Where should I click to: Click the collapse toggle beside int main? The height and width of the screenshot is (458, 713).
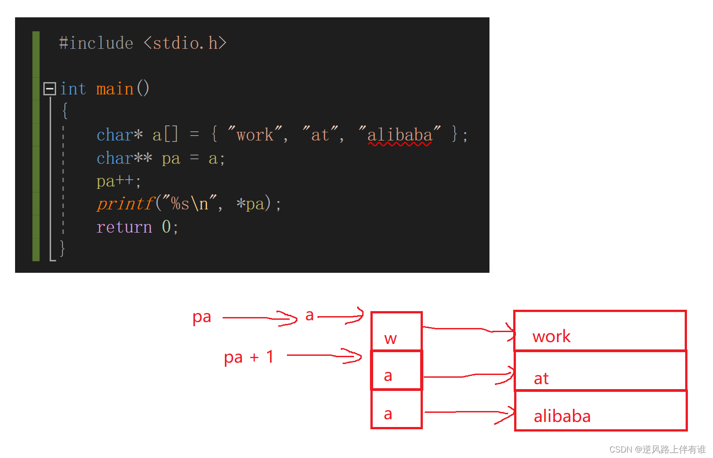[x=50, y=88]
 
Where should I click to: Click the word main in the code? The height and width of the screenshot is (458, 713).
[x=115, y=88]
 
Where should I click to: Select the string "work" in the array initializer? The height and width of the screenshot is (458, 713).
[x=255, y=135]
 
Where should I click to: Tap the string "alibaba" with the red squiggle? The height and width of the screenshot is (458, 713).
[x=400, y=135]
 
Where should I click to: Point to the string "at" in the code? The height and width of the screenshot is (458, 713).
[x=320, y=135]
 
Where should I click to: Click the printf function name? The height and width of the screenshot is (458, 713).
[x=125, y=204]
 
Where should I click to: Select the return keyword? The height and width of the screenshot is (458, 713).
[x=124, y=227]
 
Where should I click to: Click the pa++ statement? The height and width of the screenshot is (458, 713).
[x=119, y=181]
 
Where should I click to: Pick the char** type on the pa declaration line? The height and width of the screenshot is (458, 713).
[x=124, y=158]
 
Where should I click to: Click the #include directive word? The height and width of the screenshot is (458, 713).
[x=96, y=43]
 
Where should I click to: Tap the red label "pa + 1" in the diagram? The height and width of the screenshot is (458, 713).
[x=249, y=357]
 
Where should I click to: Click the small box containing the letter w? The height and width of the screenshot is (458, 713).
[x=396, y=332]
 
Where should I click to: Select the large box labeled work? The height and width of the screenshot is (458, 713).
[x=600, y=331]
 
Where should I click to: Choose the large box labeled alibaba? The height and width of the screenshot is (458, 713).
[x=601, y=411]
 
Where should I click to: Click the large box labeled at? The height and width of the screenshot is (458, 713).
[x=600, y=371]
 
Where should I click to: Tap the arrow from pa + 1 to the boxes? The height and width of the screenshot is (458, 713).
[x=324, y=355]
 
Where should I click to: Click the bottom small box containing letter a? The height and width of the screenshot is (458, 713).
[x=396, y=409]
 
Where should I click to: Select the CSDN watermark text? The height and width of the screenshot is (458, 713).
[x=657, y=449]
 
